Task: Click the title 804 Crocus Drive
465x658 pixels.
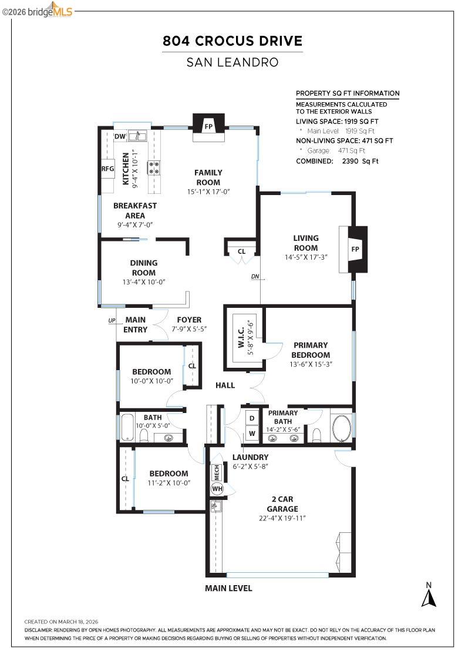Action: tap(232, 41)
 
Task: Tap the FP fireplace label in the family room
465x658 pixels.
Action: tap(208, 126)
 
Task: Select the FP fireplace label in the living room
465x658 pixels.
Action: tap(355, 249)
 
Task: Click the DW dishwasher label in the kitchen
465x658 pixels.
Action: tap(120, 136)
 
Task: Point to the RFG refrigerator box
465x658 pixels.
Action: tap(108, 169)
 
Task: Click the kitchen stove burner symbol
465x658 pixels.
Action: tap(153, 168)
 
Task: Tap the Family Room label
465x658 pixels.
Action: tap(208, 177)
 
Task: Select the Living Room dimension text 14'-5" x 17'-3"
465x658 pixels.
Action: tap(306, 257)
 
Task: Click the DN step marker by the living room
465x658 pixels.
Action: tap(255, 277)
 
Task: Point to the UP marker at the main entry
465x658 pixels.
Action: tap(112, 321)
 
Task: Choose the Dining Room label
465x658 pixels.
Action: tap(144, 268)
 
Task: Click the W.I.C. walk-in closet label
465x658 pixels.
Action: tap(241, 338)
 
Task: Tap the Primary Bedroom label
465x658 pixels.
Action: tap(311, 350)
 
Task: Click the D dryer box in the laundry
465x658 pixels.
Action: tap(252, 418)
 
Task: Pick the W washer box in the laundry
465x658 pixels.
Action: tap(252, 434)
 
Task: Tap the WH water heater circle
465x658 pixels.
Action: tap(217, 489)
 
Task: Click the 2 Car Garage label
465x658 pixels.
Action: tap(282, 504)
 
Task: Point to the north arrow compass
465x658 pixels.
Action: tap(429, 595)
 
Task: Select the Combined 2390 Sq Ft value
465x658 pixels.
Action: tap(360, 161)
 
